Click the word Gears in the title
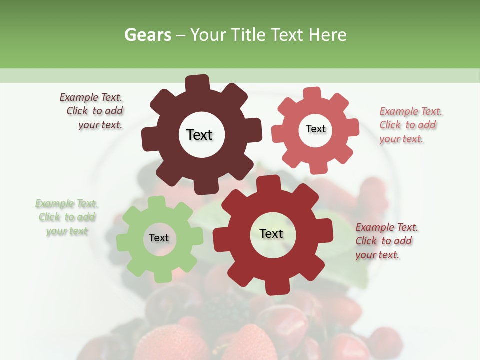[148, 35]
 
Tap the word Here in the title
[327, 35]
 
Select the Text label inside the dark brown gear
[199, 135]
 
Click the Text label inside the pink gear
[315, 129]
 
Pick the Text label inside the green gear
[159, 238]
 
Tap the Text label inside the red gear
[271, 233]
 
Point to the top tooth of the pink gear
[312, 94]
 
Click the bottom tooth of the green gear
[163, 276]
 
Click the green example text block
[66, 217]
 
